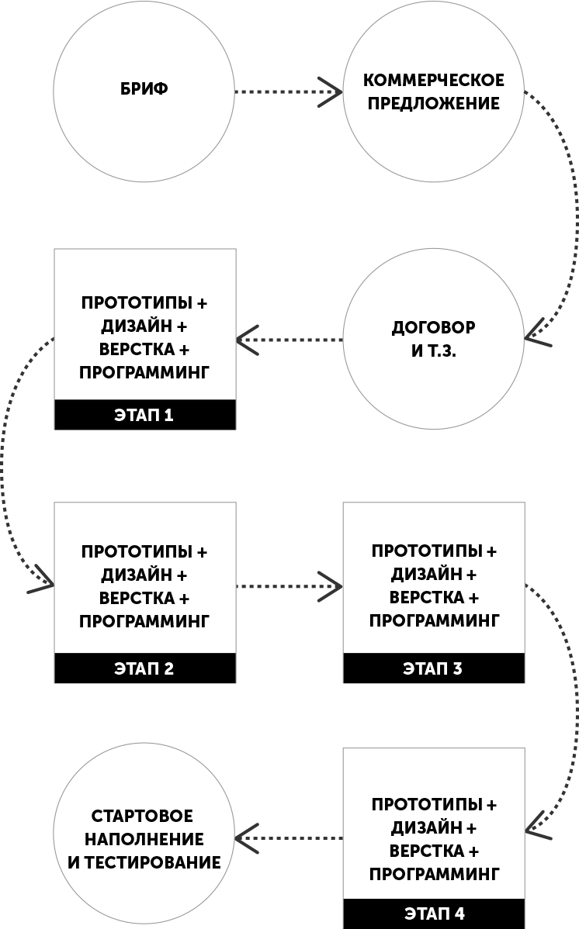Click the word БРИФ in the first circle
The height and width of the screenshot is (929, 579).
[144, 89]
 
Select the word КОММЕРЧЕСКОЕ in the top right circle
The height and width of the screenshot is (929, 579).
[434, 80]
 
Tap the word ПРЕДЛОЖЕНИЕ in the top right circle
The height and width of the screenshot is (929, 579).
[434, 104]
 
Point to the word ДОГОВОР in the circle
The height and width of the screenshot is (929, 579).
[434, 328]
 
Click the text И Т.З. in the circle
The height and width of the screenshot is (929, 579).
[434, 351]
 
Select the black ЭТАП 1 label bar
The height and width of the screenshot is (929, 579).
[145, 415]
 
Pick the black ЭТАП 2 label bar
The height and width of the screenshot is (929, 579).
[145, 668]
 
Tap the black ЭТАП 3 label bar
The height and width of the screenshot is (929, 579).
[434, 668]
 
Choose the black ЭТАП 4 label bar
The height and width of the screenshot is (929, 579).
[434, 913]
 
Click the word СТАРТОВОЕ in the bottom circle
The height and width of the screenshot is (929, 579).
[142, 816]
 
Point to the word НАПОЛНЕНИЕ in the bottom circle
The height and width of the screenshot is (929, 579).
[144, 839]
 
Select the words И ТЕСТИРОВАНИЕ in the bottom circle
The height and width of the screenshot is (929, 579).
[144, 862]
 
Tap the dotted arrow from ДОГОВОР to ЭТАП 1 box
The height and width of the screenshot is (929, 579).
[289, 340]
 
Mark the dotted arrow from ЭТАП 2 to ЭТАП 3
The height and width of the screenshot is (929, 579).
[289, 586]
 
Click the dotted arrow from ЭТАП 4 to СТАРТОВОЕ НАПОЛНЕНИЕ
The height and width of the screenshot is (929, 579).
[289, 838]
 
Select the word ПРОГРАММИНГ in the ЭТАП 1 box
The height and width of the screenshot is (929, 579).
[144, 373]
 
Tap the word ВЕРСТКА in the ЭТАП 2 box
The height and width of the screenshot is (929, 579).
[137, 599]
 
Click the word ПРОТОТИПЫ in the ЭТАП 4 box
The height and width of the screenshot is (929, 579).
[427, 805]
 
